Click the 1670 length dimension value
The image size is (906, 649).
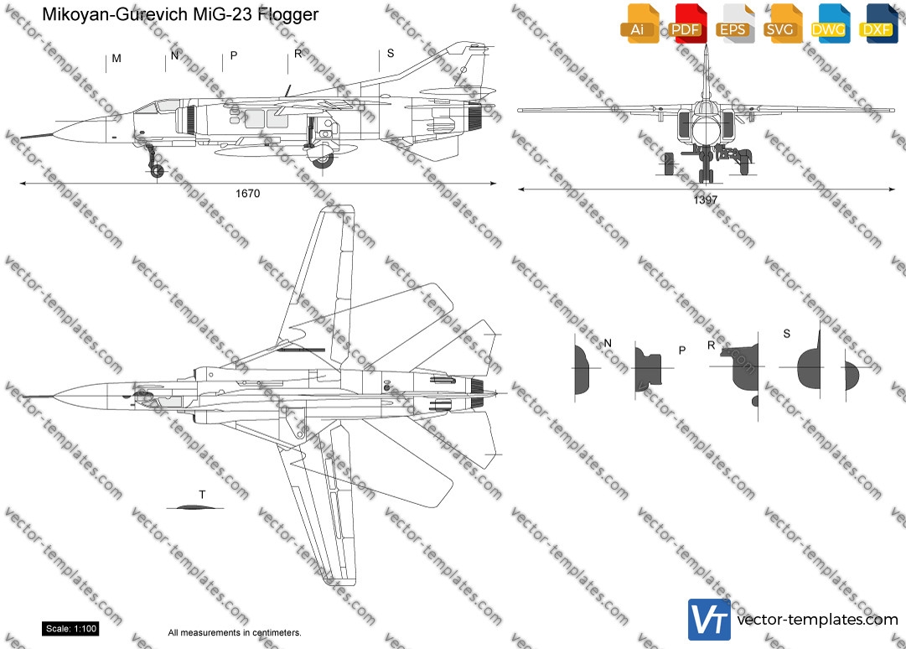(x=248, y=194)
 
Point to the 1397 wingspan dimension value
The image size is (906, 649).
(x=705, y=200)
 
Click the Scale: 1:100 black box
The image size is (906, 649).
(x=70, y=629)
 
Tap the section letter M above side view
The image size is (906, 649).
(x=116, y=59)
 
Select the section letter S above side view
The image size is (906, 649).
(x=390, y=55)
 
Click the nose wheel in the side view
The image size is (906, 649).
(x=156, y=171)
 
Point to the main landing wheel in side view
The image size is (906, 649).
(x=322, y=160)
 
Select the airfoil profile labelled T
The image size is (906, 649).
(x=192, y=506)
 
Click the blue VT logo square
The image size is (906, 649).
(x=709, y=619)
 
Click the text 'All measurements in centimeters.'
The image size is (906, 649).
(x=235, y=633)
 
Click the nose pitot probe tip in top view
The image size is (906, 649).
(x=27, y=395)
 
